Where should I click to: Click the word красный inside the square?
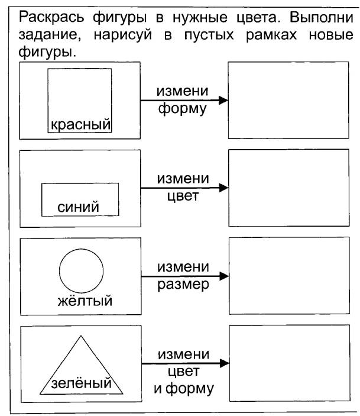coord(80,124)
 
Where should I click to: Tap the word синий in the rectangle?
coord(78,207)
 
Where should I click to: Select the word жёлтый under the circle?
coord(85,301)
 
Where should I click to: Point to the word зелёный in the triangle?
coord(82,383)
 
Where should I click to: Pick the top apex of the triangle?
coord(81,336)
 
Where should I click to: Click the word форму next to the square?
coord(183,109)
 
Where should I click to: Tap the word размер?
coord(183,285)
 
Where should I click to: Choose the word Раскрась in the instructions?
coord(51,18)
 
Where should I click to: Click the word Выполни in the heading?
coord(322,18)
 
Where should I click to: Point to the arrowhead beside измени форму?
coord(223,100)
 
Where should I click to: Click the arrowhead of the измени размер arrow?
coord(224,276)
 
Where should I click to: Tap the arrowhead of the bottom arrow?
coord(224,363)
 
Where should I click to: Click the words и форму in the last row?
coord(184,389)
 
